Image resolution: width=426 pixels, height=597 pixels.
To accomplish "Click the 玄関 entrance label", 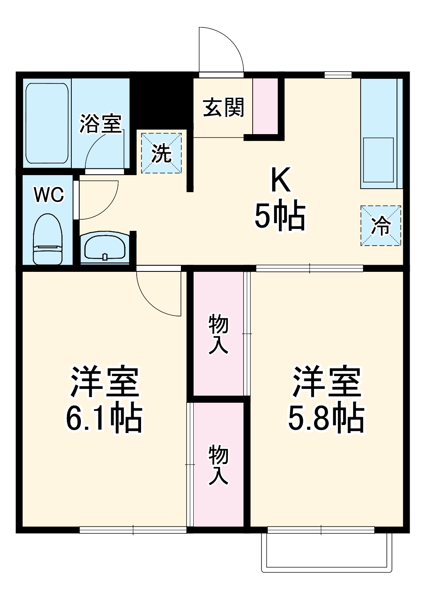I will pos(223,107).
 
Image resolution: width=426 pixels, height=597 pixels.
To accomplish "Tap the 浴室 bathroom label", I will pos(100,123).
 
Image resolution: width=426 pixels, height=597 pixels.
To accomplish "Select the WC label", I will pos(49,195).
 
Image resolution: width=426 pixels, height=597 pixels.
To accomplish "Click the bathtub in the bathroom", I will pos(47,123).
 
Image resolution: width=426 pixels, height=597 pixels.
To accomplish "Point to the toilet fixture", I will pos(48,239).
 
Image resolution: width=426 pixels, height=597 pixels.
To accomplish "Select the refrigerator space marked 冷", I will pos(381,226).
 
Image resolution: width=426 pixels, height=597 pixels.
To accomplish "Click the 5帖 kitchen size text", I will pos(280,216).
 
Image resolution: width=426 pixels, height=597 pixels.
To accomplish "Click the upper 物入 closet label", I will pos(218,334).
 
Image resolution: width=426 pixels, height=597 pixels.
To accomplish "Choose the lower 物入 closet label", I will pos(218,465).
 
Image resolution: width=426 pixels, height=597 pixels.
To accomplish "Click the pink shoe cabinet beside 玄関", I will pos(265,106).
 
